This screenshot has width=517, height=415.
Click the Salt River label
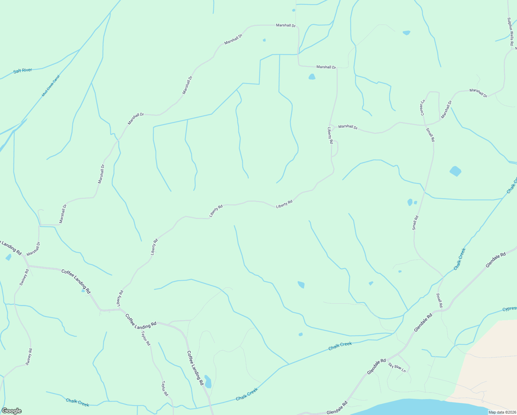[23, 71]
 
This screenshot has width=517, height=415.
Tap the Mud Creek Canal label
[51, 85]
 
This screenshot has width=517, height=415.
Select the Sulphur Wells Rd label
[510, 31]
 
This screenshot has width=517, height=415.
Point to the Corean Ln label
[422, 108]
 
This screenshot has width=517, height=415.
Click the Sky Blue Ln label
[397, 367]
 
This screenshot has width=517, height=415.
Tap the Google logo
[11, 411]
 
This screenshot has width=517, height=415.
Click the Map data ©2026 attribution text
[502, 412]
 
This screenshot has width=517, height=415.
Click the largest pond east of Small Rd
[455, 171]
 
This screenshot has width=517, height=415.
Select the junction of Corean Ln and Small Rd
[424, 125]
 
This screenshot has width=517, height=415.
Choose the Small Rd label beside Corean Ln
[430, 135]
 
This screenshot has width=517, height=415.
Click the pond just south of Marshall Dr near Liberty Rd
[312, 77]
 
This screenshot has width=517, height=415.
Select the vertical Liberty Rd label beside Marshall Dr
[330, 135]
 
